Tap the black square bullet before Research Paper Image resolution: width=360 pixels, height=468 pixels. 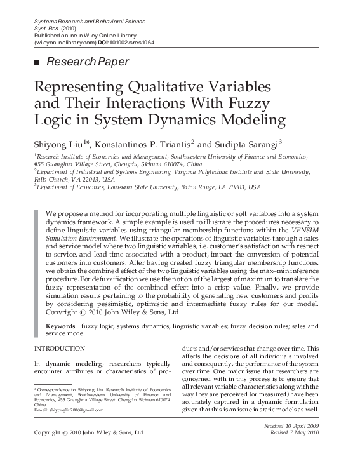pos(36,62)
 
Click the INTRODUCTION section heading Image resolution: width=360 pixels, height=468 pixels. pos(59,349)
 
